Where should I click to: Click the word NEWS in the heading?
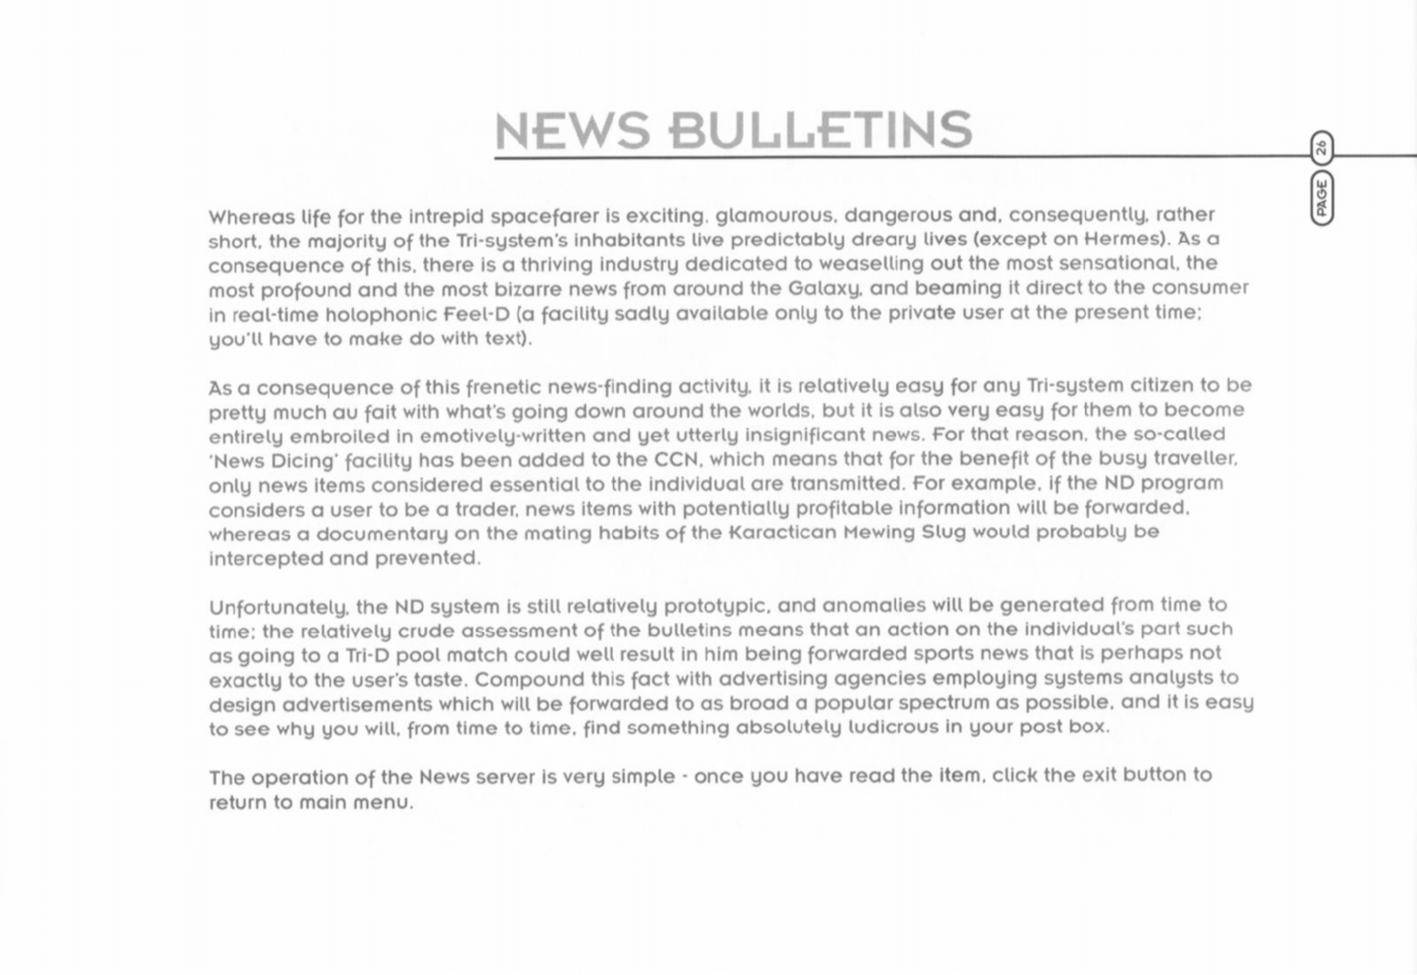tap(572, 131)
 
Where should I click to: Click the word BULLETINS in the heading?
tap(820, 131)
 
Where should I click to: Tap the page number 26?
tap(1321, 148)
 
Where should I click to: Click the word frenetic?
tap(503, 387)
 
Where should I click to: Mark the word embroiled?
tap(339, 437)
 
